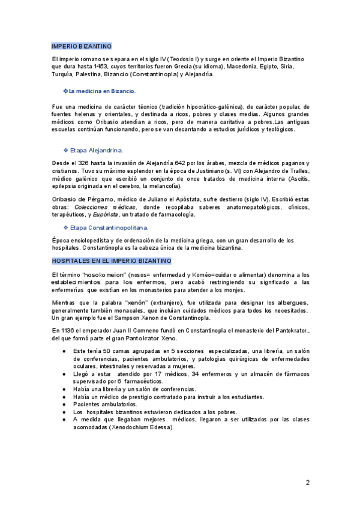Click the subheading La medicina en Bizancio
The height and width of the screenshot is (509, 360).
pyautogui.click(x=102, y=91)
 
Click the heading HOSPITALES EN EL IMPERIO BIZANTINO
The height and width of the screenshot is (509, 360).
pyautogui.click(x=111, y=261)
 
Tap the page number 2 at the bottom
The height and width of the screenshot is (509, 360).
pyautogui.click(x=307, y=482)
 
